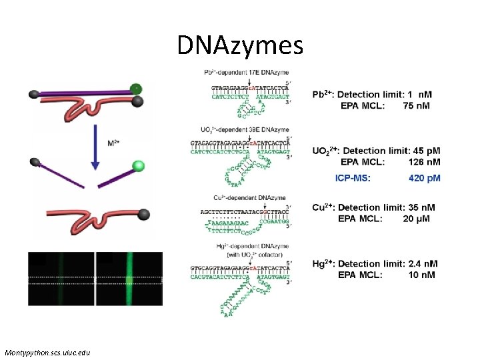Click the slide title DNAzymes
[x=240, y=45]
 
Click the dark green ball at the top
[x=136, y=88]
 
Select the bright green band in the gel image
[x=130, y=278]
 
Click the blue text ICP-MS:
[x=353, y=178]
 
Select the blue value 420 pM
[x=424, y=178]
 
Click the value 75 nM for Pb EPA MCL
[x=417, y=105]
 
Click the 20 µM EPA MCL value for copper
[x=419, y=218]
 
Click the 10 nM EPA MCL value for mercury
[x=419, y=275]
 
